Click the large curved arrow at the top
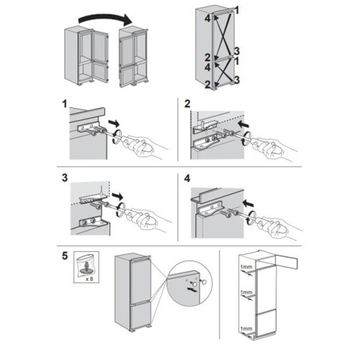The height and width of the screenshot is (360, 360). [x=106, y=17]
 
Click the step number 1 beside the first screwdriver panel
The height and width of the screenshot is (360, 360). [x=65, y=104]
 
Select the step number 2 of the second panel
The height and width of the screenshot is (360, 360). [x=187, y=104]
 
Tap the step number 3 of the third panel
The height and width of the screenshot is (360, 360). [x=65, y=178]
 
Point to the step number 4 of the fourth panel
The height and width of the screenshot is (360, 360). [x=187, y=179]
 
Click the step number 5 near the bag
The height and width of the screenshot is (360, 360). [x=65, y=256]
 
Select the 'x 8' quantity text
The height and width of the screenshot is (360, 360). [x=89, y=279]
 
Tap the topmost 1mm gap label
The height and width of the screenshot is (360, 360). [x=246, y=266]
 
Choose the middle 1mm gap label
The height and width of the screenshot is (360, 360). [x=246, y=292]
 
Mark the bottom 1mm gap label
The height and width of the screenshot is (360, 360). [x=246, y=328]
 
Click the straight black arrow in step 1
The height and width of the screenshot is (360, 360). [x=114, y=123]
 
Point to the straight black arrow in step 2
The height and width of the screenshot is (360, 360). [x=243, y=124]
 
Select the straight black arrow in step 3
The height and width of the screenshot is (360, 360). [x=117, y=196]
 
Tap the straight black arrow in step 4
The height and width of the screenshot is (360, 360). [x=248, y=204]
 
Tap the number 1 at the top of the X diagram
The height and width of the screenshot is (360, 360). [x=237, y=10]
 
